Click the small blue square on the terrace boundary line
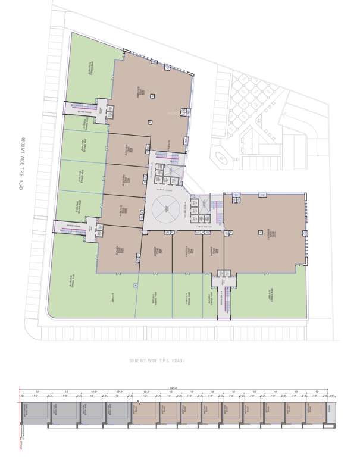tap(136, 286)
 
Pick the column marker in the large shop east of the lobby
tap(260, 232)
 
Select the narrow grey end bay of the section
tap(331, 412)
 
